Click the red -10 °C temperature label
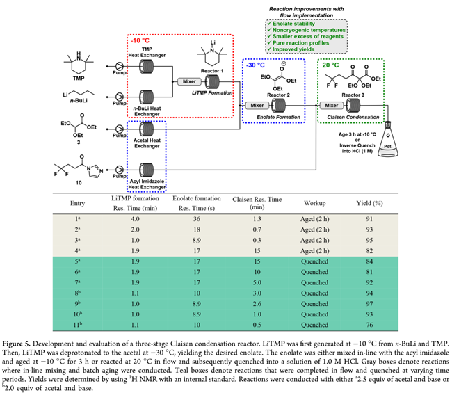point(143,40)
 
